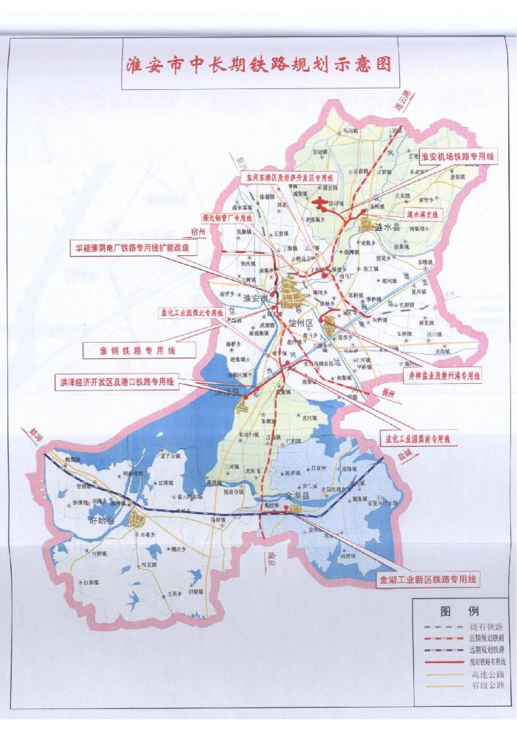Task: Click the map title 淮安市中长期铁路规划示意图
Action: [x=258, y=65]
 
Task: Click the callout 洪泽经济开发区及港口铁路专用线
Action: [x=118, y=382]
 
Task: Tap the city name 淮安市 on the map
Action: [x=257, y=298]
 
